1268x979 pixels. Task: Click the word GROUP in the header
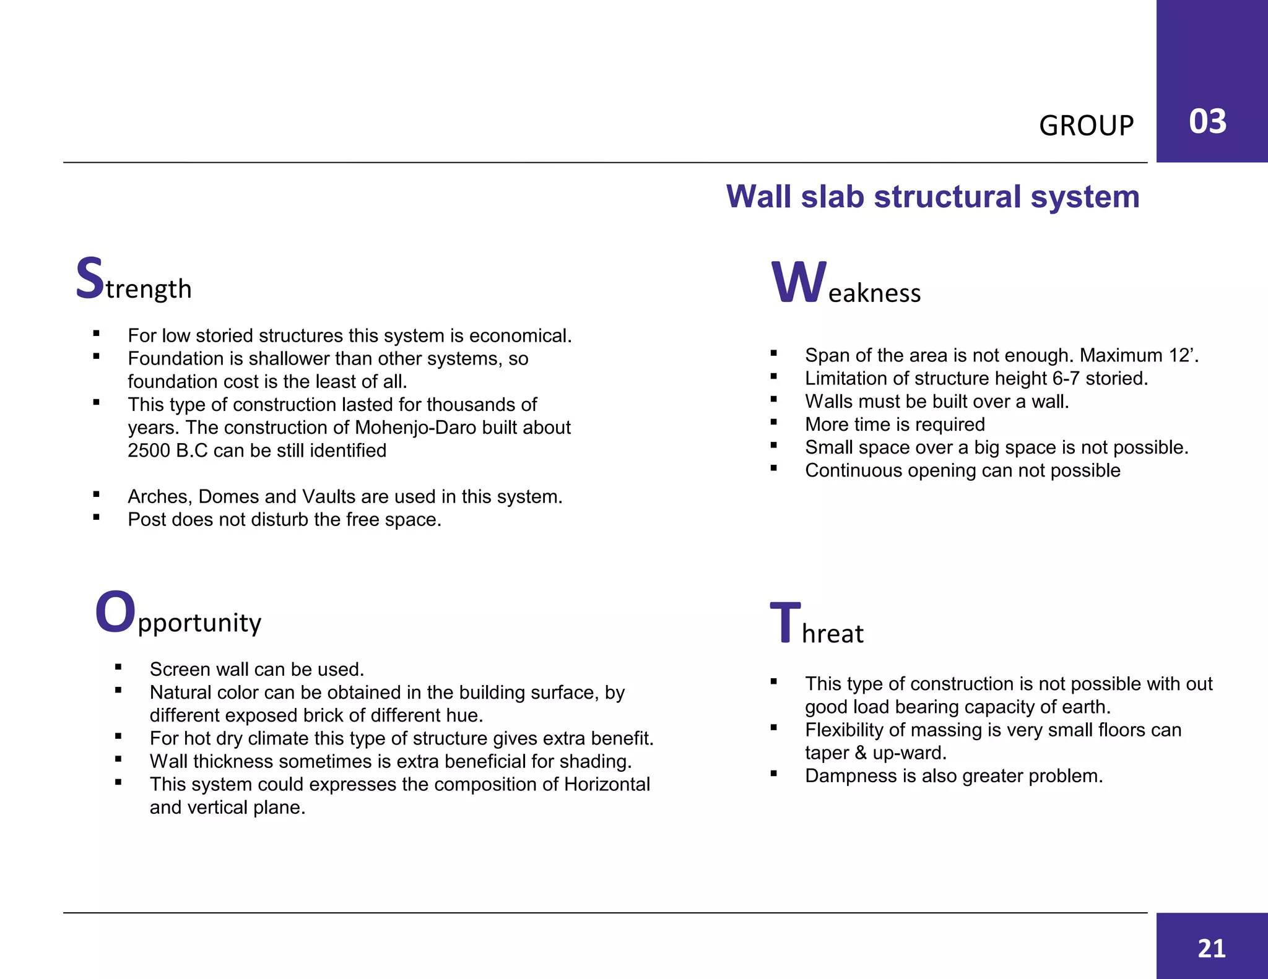point(1086,126)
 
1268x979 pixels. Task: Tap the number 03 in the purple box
point(1207,121)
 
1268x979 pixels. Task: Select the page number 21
point(1212,948)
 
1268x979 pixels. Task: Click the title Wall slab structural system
point(932,197)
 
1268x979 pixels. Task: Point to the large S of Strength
point(90,278)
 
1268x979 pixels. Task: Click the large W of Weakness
point(798,283)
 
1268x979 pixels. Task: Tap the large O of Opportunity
point(115,612)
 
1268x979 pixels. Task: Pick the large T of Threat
point(785,623)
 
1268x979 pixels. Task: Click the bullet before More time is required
point(774,423)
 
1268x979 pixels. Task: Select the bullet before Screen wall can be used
point(118,667)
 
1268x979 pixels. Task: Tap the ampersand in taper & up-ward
point(860,753)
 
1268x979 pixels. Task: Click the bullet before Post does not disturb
point(97,517)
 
